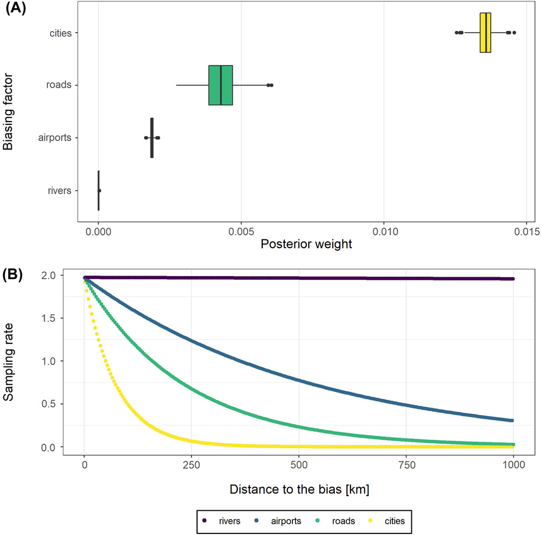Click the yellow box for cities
485,33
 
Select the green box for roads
221,85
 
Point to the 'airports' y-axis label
54,138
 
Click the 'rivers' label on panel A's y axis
59,191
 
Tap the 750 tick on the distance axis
406,465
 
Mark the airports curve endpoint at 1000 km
513,420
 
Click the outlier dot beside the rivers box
100,191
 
